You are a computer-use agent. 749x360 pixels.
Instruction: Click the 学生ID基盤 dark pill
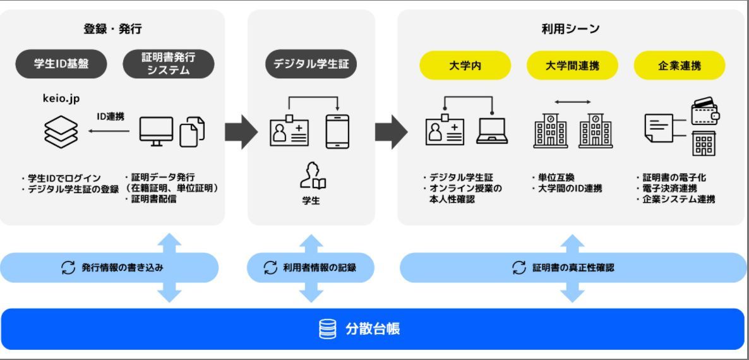pyautogui.click(x=61, y=64)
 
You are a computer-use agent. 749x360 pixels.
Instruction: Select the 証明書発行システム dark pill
pyautogui.click(x=169, y=64)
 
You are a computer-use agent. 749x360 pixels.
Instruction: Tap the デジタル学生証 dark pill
pyautogui.click(x=311, y=64)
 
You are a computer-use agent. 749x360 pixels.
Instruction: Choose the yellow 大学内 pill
pyautogui.click(x=465, y=66)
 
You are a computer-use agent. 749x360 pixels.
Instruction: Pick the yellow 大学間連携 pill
pyautogui.click(x=572, y=66)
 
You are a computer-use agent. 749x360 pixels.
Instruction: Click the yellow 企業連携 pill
pyautogui.click(x=680, y=66)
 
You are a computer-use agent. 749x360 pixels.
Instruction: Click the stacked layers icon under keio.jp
pyautogui.click(x=61, y=131)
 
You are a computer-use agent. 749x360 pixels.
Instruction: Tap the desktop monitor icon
pyautogui.click(x=156, y=131)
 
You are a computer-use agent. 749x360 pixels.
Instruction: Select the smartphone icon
pyautogui.click(x=337, y=131)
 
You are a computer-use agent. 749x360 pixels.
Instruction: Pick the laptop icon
pyautogui.click(x=492, y=131)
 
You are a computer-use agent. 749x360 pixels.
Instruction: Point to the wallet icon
pyautogui.click(x=705, y=111)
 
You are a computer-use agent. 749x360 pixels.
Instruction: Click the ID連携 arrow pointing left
pyautogui.click(x=108, y=131)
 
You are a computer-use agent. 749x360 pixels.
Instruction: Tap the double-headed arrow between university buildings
pyautogui.click(x=573, y=102)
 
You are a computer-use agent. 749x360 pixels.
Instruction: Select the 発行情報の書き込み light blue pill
pyautogui.click(x=109, y=268)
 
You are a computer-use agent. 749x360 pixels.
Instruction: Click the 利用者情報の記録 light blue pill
pyautogui.click(x=311, y=268)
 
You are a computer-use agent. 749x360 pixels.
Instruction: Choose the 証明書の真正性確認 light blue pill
pyautogui.click(x=572, y=268)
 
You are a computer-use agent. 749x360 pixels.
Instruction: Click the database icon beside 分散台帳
pyautogui.click(x=327, y=330)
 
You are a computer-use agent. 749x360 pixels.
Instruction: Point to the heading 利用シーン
pyautogui.click(x=570, y=29)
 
